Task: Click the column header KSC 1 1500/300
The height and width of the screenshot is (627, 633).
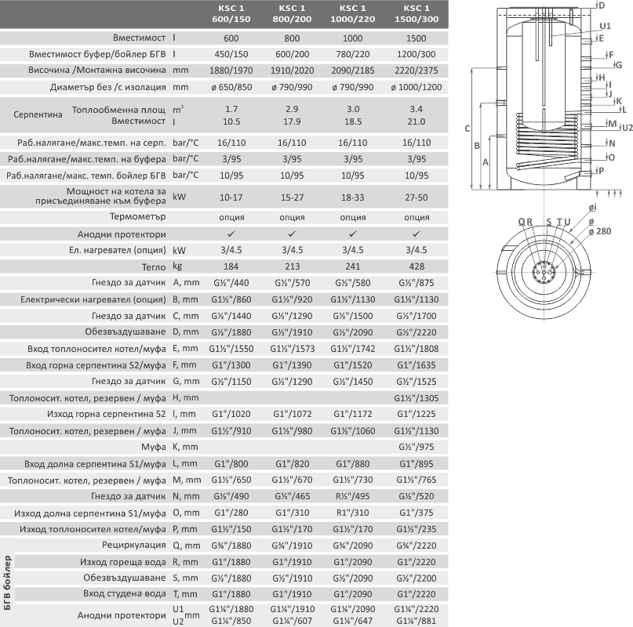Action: [417, 13]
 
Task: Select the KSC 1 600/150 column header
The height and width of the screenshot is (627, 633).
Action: [231, 13]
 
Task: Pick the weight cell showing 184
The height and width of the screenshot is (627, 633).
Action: [231, 266]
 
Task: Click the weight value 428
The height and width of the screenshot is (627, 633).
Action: [417, 266]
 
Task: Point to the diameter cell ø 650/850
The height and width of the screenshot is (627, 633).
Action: [231, 87]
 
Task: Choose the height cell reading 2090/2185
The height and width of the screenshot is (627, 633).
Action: [353, 71]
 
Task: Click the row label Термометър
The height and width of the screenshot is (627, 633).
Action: [138, 216]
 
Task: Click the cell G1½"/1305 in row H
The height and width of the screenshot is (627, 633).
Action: [417, 398]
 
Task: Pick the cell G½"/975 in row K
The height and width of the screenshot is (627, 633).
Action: [417, 446]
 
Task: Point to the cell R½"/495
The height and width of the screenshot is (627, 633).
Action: [353, 495]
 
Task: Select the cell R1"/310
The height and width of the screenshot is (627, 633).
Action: [353, 513]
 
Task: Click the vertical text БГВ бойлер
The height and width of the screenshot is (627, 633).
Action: [8, 581]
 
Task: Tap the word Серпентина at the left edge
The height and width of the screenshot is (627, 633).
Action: [38, 114]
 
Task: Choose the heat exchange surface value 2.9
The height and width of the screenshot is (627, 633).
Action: [292, 108]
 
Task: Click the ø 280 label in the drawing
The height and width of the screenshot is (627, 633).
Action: [602, 231]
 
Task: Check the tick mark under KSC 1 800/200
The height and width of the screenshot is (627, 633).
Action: [292, 234]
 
